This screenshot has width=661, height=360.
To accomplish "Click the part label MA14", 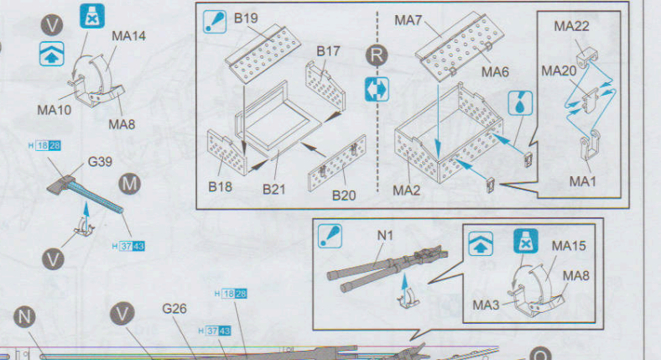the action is click(128, 36).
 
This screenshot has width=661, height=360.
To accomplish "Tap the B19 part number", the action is click(246, 18).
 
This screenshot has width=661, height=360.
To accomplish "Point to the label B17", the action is click(328, 51).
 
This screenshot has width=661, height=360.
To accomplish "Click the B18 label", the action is click(221, 186).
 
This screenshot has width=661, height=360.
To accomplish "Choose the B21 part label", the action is click(274, 189).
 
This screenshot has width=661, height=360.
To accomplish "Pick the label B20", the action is click(345, 196).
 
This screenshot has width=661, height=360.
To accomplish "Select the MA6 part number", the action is click(495, 72).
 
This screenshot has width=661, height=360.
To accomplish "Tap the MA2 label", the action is click(408, 190).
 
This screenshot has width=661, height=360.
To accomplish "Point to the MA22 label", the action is click(571, 27).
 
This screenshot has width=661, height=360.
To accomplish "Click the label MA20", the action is click(559, 71).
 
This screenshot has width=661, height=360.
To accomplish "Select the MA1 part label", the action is click(584, 180).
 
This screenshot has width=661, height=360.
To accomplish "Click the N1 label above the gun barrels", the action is click(385, 236).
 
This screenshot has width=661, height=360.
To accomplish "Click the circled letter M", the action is click(130, 184).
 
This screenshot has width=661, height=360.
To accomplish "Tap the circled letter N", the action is click(26, 316).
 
